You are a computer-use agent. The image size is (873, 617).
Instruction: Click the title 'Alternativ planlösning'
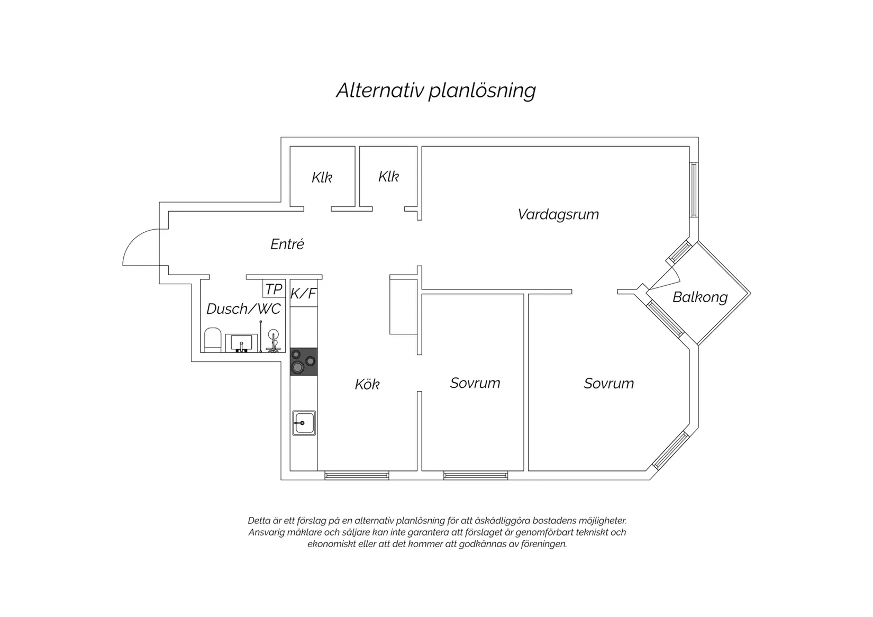coord(436,91)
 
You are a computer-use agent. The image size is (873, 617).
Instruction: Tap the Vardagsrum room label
coord(558,214)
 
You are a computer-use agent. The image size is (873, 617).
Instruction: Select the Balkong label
coord(700,297)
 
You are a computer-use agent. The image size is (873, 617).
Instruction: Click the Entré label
coord(287,244)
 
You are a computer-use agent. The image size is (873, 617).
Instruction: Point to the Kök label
coord(367,384)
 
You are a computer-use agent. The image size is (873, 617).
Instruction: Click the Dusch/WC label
coord(243,308)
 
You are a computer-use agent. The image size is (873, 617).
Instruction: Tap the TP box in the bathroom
coord(274,289)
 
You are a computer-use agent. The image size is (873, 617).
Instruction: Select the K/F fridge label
coord(304,294)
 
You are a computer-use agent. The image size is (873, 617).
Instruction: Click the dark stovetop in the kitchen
coord(304,362)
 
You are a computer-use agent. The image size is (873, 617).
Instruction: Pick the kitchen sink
coord(304,423)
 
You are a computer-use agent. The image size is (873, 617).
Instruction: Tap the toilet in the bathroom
coord(213,340)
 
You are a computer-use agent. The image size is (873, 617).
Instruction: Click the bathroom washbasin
coord(241,343)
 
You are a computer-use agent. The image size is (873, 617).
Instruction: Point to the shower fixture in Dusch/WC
coord(273,341)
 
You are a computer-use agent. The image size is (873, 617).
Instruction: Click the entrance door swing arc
coord(134,238)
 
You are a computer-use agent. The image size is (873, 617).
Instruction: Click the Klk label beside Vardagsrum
coord(388,177)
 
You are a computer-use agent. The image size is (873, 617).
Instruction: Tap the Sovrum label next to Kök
coord(475,383)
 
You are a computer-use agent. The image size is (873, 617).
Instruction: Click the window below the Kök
coord(357,476)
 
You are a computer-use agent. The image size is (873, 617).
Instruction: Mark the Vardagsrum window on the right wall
coord(694,190)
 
